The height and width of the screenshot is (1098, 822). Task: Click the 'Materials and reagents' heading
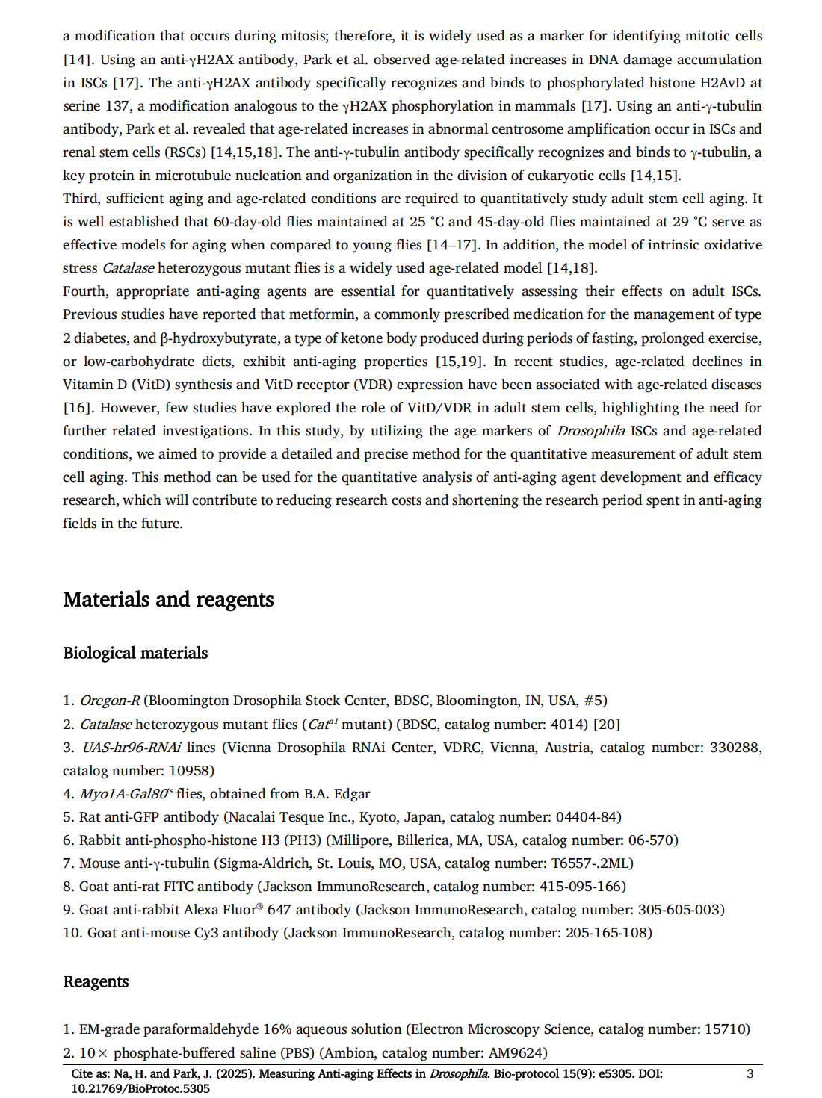168,600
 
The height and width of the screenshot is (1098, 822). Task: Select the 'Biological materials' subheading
135,654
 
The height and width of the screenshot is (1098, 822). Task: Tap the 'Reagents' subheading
96,982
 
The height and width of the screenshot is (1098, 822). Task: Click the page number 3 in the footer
750,1074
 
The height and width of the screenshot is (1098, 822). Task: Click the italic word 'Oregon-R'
110,701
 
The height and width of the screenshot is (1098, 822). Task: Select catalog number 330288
732,748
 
